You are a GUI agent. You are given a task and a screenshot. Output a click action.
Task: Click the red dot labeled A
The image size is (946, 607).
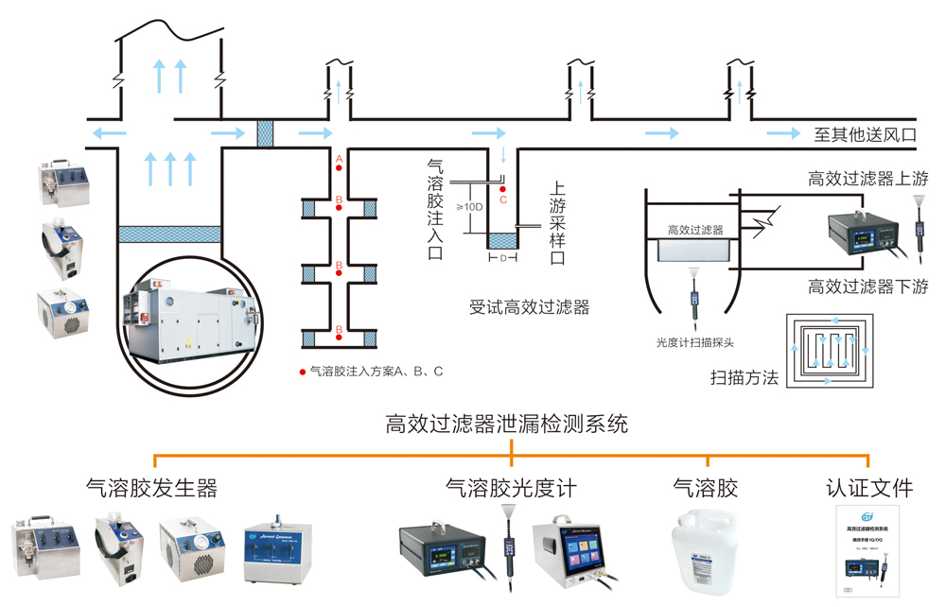pos(339,167)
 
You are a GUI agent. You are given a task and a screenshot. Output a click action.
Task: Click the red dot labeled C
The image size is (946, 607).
pos(503,188)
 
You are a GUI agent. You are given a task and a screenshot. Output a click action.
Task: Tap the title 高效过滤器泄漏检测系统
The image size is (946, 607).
pos(507,425)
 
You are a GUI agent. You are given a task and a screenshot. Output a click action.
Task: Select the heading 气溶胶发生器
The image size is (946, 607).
pos(150,488)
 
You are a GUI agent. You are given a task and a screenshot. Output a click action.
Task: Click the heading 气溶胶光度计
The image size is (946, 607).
pos(511,488)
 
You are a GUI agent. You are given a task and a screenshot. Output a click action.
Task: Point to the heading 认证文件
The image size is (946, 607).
pos(868,488)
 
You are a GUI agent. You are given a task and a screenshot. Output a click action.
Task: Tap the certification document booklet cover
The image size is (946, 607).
pos(868,552)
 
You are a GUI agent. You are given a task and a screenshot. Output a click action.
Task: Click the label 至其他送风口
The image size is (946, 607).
pos(866,135)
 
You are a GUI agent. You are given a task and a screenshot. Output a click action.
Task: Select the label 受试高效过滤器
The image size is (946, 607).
pos(530,307)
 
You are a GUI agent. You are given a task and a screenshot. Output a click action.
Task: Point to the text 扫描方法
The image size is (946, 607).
pos(745,378)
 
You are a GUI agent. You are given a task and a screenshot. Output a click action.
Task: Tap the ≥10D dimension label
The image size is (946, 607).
pos(470,207)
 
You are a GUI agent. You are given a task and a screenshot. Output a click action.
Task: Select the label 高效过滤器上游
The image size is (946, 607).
pos(867,177)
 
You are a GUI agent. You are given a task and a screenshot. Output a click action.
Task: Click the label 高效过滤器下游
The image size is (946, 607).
pos(867,286)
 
